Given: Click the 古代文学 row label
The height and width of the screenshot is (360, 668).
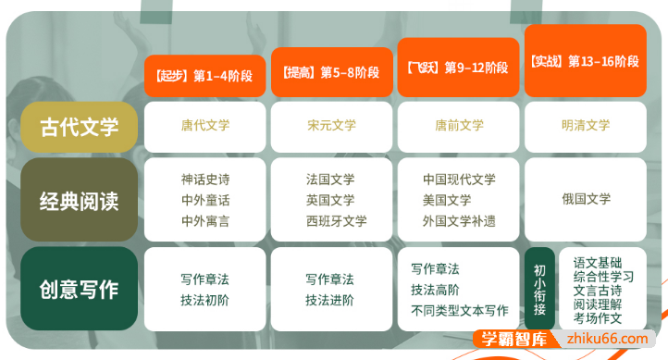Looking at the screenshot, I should coord(79,127).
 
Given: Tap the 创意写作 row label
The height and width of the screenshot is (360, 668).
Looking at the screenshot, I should coord(79,289).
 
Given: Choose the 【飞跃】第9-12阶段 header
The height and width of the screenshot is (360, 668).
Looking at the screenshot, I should coord(457,68).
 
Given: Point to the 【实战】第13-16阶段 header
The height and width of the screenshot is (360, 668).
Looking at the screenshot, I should coord(585,62).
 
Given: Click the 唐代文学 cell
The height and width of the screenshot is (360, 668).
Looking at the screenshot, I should coord(205,126).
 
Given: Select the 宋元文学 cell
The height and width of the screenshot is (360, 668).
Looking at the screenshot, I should coord(330,126).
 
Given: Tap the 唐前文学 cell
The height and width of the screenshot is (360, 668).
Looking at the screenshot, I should coord(459,126).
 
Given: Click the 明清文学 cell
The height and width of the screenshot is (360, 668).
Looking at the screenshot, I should coord(585,126).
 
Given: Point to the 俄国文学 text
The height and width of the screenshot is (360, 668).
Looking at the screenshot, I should coord(585,199).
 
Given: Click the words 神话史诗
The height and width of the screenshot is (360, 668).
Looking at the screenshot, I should coord(205,180).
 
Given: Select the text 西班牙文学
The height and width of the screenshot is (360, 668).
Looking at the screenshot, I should coord(336,221).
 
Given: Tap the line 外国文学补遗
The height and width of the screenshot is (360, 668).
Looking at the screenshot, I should coord(459,221).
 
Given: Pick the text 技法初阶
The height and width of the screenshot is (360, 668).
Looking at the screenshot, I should coord(205,300).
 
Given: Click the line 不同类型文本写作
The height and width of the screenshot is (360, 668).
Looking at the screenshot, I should coord(459,311).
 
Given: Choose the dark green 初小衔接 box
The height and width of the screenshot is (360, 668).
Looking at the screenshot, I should coord(539,288).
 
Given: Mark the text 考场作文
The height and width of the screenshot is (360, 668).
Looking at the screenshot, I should coord(598,317).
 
